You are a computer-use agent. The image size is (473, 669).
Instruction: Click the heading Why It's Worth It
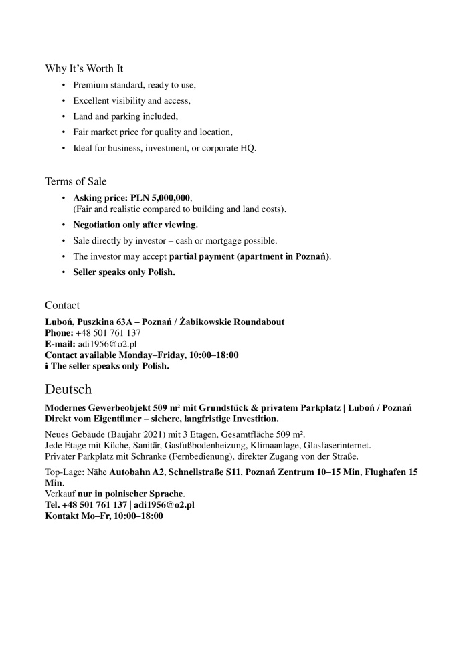[x=84, y=68]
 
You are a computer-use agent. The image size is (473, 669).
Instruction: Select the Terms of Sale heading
[x=76, y=181]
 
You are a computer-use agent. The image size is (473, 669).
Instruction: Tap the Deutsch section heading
[x=68, y=389]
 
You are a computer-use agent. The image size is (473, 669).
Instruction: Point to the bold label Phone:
[x=59, y=333]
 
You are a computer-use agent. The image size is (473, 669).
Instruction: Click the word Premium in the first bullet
[x=91, y=85]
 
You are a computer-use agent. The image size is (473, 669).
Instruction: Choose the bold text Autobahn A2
[x=137, y=472]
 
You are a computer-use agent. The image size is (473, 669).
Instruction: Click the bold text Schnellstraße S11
[x=205, y=472]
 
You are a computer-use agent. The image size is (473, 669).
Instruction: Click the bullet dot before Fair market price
[x=64, y=132]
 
